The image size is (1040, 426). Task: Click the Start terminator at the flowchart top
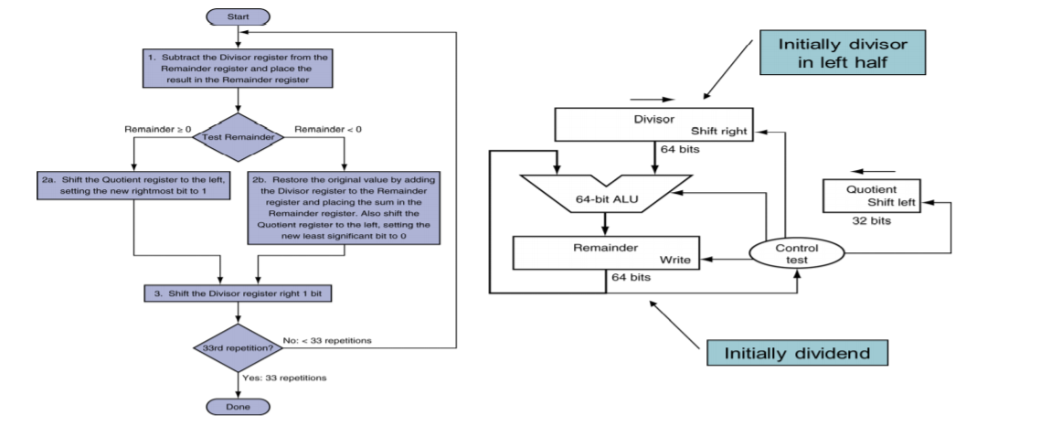tap(238, 16)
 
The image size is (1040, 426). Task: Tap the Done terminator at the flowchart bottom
tap(238, 405)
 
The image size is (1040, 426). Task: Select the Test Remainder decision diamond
tap(238, 136)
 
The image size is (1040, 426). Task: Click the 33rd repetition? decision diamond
tap(238, 348)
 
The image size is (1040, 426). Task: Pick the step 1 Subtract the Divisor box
tap(238, 68)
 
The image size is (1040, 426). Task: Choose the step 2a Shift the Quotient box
tap(133, 186)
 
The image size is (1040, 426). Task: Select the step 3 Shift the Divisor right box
tap(238, 293)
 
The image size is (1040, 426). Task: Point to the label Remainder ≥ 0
tap(157, 129)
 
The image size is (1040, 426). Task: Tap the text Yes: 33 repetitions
tap(283, 377)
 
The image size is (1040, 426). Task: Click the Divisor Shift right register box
tap(652, 124)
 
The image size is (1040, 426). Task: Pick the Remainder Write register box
tap(604, 253)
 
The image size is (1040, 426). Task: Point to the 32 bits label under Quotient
tap(871, 220)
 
